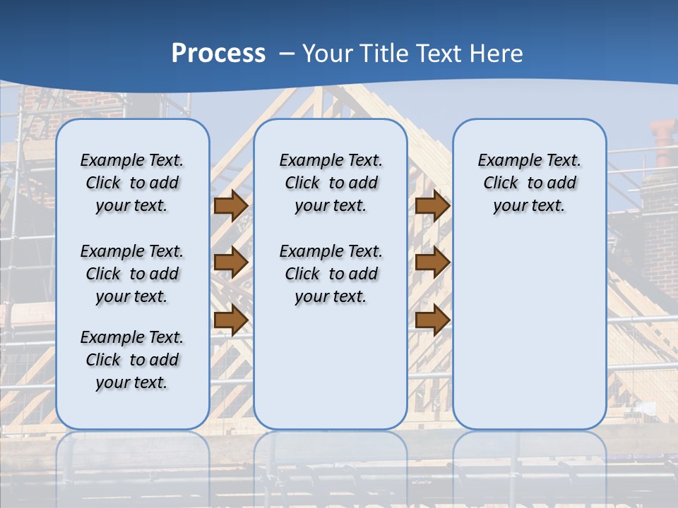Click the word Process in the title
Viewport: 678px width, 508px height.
point(218,54)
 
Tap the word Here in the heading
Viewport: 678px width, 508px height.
point(497,54)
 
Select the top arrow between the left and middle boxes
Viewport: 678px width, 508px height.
point(230,206)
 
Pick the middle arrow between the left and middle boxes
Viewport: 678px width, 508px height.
point(230,262)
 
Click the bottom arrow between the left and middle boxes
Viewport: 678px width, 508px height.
point(230,320)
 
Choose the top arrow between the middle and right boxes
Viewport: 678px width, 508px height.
point(432,206)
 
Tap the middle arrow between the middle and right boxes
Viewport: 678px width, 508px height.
point(432,262)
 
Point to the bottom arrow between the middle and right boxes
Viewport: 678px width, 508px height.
point(432,320)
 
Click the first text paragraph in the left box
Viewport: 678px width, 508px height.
point(132,183)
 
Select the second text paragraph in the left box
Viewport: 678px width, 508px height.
point(132,274)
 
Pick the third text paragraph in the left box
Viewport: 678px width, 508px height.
point(132,360)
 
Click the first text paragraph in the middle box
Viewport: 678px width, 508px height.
point(331,183)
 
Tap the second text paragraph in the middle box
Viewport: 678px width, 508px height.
point(331,274)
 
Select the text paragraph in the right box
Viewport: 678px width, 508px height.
point(529,183)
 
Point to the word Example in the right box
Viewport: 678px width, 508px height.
point(505,161)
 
